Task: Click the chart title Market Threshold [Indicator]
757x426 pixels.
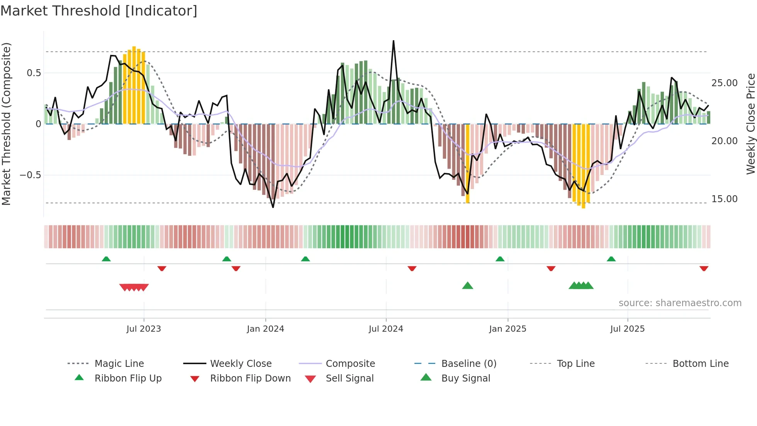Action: [99, 11]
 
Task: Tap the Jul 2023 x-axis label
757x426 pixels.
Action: [144, 329]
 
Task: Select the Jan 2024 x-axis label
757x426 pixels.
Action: [265, 329]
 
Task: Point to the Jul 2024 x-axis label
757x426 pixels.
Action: [386, 329]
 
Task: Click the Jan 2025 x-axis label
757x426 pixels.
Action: [507, 329]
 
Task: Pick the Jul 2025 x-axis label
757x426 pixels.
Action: [627, 329]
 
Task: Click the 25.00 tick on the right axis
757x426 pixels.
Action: [724, 83]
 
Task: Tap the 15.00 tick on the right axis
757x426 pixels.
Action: [724, 199]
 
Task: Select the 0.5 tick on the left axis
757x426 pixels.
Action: [34, 73]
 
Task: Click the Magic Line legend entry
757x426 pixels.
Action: [119, 364]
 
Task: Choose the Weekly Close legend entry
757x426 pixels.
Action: [241, 364]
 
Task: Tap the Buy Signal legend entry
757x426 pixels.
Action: [465, 378]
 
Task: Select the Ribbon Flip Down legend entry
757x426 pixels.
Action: [250, 378]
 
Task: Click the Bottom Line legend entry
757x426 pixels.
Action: [700, 364]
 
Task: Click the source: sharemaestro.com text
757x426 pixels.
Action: [680, 303]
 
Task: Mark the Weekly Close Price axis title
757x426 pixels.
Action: [750, 124]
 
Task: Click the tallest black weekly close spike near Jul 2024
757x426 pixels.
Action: [394, 41]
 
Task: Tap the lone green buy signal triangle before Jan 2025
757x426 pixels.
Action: [467, 286]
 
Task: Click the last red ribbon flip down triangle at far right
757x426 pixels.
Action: [704, 268]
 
